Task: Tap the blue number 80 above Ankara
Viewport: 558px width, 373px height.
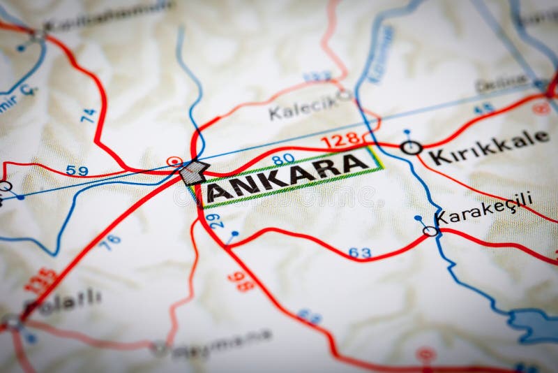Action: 283,159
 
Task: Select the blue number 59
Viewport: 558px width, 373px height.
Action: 77,170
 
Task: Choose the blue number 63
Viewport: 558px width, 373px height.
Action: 360,252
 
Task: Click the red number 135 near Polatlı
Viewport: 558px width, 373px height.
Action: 41,279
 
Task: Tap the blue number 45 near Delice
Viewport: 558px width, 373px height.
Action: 483,108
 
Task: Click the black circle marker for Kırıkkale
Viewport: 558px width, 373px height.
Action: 412,147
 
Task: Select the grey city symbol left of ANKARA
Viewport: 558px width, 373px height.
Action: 194,172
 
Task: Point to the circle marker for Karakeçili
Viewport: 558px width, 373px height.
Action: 430,231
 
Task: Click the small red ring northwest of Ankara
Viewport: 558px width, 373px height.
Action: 174,161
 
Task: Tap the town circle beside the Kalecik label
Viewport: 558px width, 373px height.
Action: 343,94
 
